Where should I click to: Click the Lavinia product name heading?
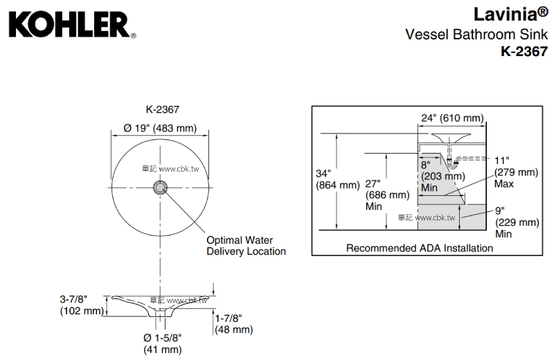click(x=511, y=14)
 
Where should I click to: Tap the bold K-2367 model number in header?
click(x=524, y=51)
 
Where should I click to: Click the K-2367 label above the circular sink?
click(x=163, y=109)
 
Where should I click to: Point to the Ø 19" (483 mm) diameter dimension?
click(x=160, y=128)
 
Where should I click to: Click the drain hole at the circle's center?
click(x=161, y=186)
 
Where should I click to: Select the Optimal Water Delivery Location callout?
click(x=246, y=246)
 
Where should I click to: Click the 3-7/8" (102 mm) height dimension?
click(x=81, y=305)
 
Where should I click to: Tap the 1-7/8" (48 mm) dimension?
click(x=233, y=324)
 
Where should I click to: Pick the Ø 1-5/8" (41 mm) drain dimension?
click(x=163, y=344)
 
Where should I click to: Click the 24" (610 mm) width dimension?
click(x=452, y=118)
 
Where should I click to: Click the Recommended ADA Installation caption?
click(x=419, y=248)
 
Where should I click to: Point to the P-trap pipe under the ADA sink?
click(x=454, y=163)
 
